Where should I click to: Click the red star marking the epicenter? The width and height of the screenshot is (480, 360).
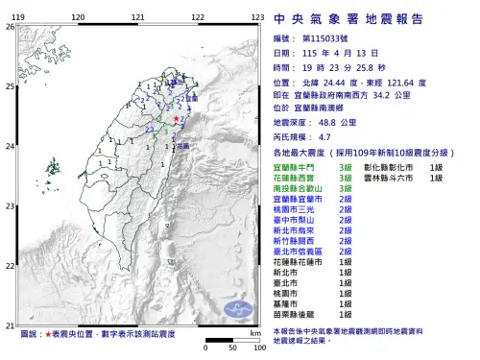[176, 118]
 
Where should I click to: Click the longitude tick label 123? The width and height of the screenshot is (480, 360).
[256, 18]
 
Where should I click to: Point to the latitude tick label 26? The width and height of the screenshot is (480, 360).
[11, 26]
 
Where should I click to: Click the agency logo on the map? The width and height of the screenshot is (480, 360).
[235, 309]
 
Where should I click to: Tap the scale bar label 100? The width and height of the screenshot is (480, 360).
[259, 348]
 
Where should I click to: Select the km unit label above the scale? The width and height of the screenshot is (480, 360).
[253, 332]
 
